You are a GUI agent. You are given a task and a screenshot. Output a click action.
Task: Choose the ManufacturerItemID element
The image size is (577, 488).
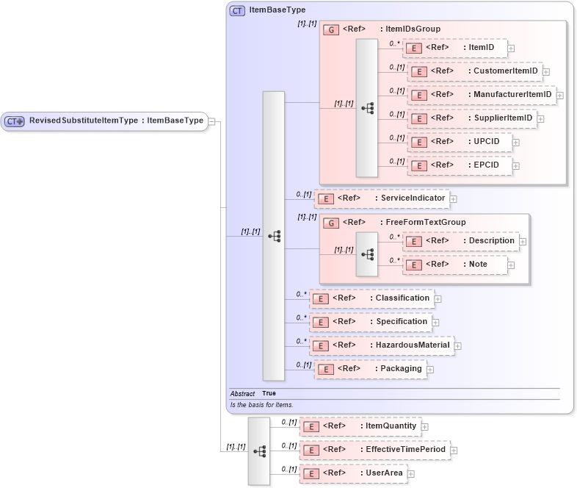tap(481, 95)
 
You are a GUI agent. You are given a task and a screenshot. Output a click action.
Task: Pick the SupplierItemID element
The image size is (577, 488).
tap(474, 118)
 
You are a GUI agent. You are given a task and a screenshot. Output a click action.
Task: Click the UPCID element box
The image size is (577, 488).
tap(464, 142)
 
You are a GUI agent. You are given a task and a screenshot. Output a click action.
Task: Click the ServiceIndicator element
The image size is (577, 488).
tap(381, 198)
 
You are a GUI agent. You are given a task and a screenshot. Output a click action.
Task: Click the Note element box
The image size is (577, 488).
tap(454, 265)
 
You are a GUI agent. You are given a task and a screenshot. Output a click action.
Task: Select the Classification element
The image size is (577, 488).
tap(371, 298)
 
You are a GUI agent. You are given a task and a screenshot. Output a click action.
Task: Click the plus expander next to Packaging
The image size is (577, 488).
tap(430, 370)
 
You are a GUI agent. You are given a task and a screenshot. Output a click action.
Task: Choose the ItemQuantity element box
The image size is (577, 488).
tap(359, 426)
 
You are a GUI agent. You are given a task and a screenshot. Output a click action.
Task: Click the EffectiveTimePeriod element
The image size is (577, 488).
tap(374, 450)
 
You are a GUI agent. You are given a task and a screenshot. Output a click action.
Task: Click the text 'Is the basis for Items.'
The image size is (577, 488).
tap(261, 405)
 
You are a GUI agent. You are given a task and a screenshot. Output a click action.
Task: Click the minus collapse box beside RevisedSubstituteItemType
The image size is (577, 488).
tap(211, 121)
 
